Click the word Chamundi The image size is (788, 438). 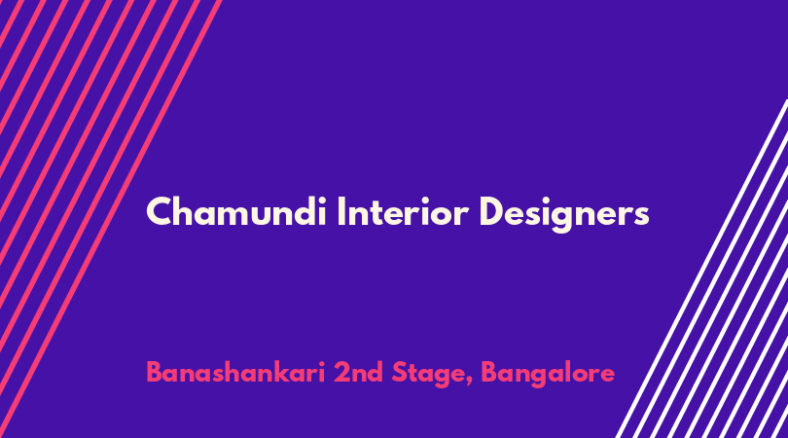(x=236, y=212)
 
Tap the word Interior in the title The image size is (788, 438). (x=403, y=212)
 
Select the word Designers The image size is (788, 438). (x=564, y=214)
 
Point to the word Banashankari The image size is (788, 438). (x=235, y=373)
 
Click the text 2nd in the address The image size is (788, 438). (x=358, y=373)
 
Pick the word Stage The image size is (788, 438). (x=428, y=375)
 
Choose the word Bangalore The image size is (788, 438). (x=548, y=375)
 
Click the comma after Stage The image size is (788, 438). (x=469, y=383)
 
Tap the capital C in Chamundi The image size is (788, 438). (x=159, y=212)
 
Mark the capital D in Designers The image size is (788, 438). (x=492, y=212)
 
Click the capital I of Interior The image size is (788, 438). (x=340, y=212)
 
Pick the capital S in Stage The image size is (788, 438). (x=400, y=373)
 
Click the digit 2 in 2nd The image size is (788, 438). (x=342, y=373)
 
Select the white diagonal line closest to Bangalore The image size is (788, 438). (x=702, y=269)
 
